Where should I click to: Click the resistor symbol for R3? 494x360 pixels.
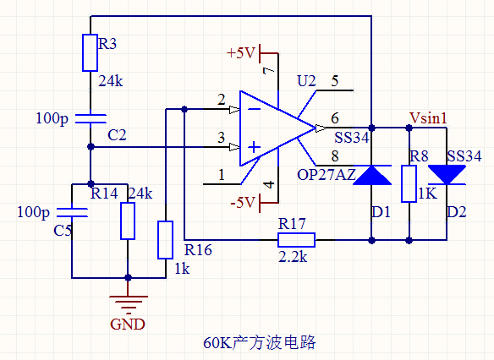90,53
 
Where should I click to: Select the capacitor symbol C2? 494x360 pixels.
91,119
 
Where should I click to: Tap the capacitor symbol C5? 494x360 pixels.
72,212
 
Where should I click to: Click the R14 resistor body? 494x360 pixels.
128,221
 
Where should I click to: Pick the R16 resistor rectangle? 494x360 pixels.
166,240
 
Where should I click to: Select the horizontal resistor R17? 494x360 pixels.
296,240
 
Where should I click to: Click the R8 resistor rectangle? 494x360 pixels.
409,183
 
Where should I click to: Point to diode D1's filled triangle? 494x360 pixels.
371,175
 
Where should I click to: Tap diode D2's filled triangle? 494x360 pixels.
447,175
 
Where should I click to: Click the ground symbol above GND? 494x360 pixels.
128,304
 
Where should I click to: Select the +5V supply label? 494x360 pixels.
240,53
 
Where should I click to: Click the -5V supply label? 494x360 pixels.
242,202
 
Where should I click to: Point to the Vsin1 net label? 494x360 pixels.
428,118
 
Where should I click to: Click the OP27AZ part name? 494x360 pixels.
327,175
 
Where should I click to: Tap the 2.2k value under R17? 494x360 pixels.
293,257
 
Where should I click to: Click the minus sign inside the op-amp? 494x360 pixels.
254,109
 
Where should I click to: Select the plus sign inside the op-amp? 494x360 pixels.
254,147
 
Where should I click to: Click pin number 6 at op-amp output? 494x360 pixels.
335,118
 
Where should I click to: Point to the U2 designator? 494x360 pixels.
306,81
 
